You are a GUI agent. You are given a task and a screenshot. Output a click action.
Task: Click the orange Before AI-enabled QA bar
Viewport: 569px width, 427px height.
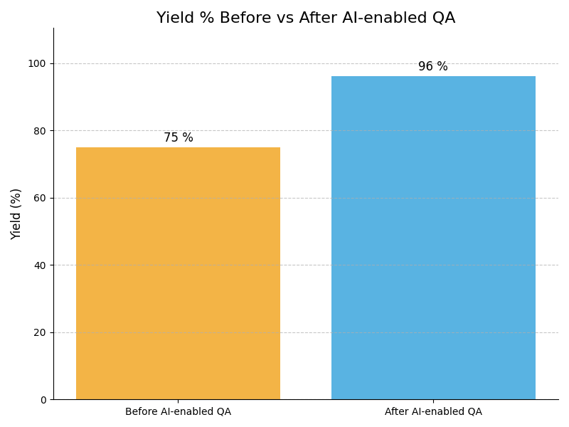coord(178,273)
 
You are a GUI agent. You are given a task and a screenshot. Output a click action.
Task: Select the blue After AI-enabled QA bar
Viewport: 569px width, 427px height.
coord(433,238)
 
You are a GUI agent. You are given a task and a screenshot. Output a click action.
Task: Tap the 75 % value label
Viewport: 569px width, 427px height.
coord(178,138)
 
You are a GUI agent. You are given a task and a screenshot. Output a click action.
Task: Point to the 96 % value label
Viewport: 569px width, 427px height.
coord(433,67)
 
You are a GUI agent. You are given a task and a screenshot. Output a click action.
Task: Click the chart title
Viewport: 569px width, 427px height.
coord(306,19)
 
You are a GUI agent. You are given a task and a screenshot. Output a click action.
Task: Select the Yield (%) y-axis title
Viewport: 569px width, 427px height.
coord(16,213)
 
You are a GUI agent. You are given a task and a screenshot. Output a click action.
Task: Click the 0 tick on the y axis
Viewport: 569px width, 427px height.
coord(43,400)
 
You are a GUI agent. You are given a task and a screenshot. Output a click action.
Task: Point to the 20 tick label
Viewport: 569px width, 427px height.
coord(40,332)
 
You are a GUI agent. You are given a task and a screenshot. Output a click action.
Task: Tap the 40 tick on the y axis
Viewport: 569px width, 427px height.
coord(40,265)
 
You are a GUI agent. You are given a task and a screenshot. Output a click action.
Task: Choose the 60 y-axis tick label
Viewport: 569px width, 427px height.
coord(40,198)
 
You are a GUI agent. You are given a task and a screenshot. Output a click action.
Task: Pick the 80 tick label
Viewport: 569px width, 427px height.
coord(40,131)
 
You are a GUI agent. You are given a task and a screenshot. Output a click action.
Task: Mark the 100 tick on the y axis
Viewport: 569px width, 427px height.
coord(37,63)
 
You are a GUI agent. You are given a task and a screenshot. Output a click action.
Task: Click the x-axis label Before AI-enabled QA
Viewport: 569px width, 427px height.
coord(178,411)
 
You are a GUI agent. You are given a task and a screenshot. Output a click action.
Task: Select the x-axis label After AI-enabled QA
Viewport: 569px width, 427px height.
coord(433,411)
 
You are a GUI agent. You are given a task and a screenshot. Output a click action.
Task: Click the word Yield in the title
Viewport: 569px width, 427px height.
coord(174,19)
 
